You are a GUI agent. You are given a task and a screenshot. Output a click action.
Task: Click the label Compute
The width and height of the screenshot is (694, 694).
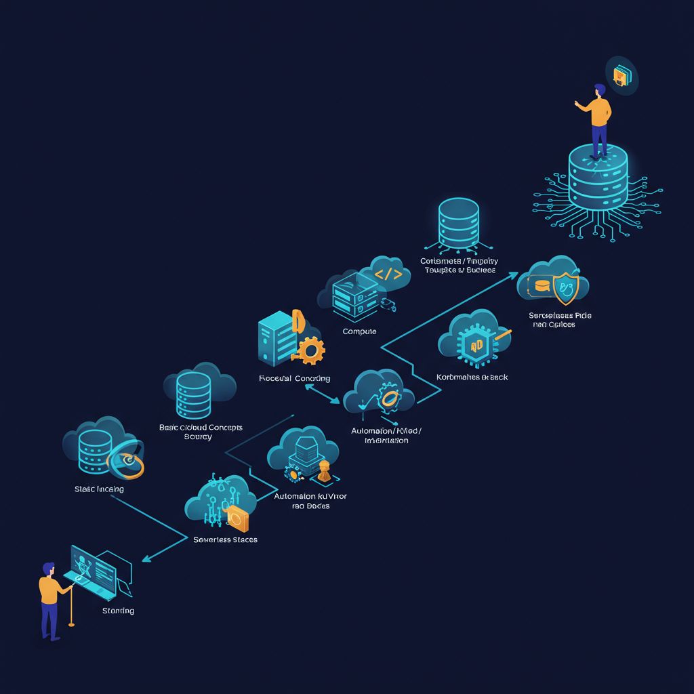click(x=359, y=331)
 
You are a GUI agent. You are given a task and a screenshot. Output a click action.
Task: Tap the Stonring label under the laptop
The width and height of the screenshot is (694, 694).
click(x=118, y=611)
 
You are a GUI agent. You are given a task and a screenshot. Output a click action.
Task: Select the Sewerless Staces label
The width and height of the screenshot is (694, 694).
click(x=225, y=539)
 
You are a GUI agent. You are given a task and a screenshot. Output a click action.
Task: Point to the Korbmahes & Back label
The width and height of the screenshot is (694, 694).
click(x=472, y=377)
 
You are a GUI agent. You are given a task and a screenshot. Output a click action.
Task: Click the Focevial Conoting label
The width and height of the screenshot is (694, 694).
click(x=294, y=378)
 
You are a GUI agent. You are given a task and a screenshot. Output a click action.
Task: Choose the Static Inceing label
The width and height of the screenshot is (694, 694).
click(x=99, y=489)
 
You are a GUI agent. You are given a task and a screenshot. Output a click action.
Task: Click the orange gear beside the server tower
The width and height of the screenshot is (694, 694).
click(x=311, y=350)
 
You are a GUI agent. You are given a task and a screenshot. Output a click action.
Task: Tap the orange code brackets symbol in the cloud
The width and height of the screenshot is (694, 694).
click(x=388, y=275)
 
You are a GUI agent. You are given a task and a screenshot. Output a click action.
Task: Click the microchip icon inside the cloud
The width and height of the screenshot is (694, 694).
click(x=476, y=344)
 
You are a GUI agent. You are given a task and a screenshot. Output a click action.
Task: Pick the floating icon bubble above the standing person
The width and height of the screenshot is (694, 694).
click(x=622, y=75)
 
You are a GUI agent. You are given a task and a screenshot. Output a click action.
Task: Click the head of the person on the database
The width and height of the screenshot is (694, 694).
click(x=599, y=91)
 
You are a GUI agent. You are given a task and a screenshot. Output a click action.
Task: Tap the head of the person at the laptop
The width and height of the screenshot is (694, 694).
click(x=48, y=568)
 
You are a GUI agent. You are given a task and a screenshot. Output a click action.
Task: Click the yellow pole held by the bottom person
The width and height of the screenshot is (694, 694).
click(x=71, y=603)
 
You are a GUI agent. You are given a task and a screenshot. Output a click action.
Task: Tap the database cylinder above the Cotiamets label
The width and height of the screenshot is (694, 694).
click(x=458, y=223)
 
